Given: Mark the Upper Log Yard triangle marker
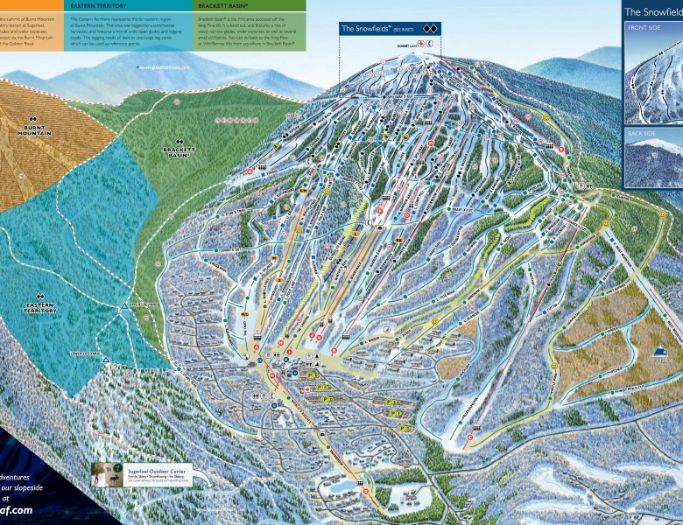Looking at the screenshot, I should tap(123, 308).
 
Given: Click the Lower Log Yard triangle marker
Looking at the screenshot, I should tap(105, 359).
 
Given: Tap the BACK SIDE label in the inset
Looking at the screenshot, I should tap(644, 134).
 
